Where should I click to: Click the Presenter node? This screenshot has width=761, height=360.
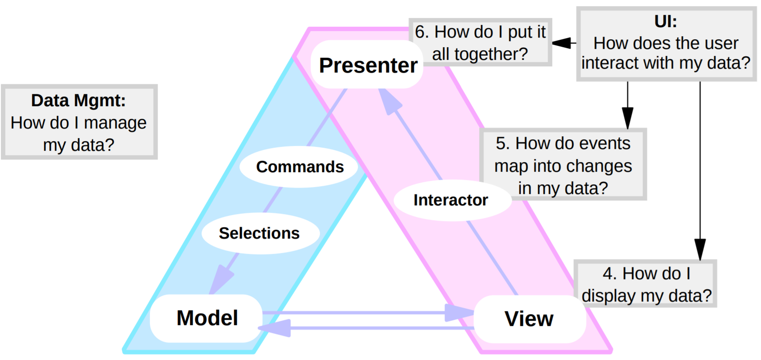[x=368, y=65]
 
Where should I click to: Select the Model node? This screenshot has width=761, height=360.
[x=207, y=318]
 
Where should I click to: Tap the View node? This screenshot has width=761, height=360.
[x=529, y=319]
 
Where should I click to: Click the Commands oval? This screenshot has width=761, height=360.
[x=300, y=167]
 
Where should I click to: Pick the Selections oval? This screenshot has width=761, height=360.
[x=259, y=233]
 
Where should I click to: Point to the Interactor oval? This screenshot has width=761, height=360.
[x=451, y=200]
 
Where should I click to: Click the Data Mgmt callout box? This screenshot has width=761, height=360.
[x=79, y=122]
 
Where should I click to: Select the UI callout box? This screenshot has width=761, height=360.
[x=666, y=44]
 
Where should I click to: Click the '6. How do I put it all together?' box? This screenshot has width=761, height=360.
[x=480, y=42]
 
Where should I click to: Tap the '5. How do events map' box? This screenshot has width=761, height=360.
[x=563, y=165]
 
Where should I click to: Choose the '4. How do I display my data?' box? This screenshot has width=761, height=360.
[x=646, y=284]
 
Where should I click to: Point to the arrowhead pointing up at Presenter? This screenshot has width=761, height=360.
[x=389, y=101]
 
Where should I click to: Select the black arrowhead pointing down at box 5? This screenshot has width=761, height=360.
[x=627, y=118]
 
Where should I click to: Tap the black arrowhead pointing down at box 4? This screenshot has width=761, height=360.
[x=700, y=249]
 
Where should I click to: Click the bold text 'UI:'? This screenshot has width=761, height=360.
[x=666, y=21]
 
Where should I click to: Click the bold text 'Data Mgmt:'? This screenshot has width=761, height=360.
[x=79, y=100]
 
